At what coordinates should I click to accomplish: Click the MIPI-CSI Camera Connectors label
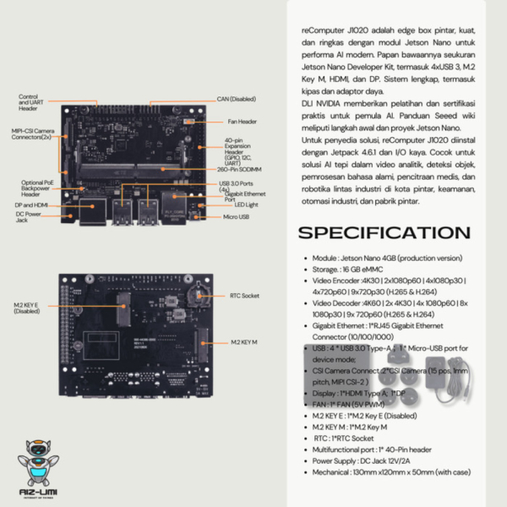tap(33, 135)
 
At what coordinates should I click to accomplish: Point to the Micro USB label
tap(237, 218)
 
